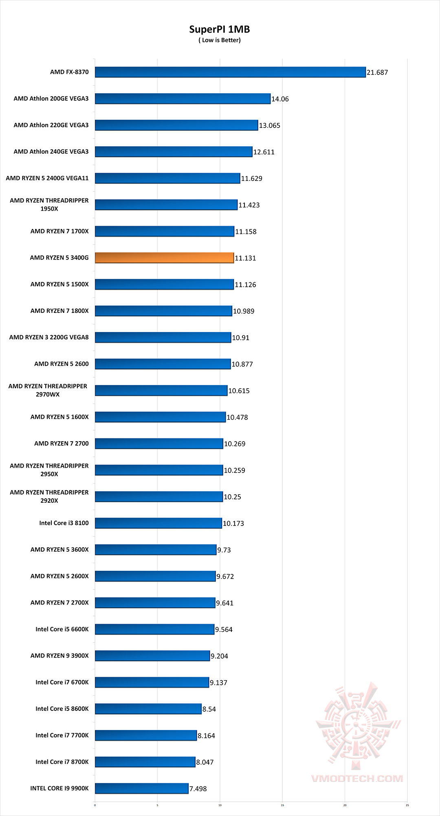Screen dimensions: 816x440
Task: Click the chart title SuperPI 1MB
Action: [x=220, y=29]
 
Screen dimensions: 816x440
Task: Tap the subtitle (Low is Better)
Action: [x=220, y=40]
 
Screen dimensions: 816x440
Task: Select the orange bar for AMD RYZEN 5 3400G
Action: [x=164, y=257]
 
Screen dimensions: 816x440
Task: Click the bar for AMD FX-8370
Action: [x=230, y=72]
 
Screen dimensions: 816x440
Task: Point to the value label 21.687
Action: [x=377, y=73]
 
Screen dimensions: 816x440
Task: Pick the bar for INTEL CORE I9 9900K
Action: [x=142, y=788]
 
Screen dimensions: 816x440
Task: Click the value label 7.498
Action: [x=198, y=789]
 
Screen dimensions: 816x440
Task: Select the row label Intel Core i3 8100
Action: [x=64, y=523]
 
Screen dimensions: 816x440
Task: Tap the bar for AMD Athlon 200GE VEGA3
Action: [x=183, y=99]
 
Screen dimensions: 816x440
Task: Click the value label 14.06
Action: [x=280, y=99]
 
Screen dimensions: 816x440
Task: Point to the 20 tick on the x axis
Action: [x=345, y=805]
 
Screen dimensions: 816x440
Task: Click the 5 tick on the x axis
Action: [x=157, y=805]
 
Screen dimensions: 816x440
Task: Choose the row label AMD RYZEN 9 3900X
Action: [x=59, y=655]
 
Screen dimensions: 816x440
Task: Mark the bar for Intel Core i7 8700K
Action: [x=145, y=762]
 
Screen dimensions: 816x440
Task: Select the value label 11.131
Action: [x=245, y=258]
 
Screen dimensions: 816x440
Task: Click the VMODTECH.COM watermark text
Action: [x=357, y=779]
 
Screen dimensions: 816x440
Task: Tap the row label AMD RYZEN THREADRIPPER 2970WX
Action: [x=48, y=390]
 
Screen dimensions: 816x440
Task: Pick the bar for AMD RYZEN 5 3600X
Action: [x=156, y=550]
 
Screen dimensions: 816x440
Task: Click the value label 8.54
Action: [x=209, y=709]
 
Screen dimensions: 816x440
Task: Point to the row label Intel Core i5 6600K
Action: [x=62, y=629]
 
